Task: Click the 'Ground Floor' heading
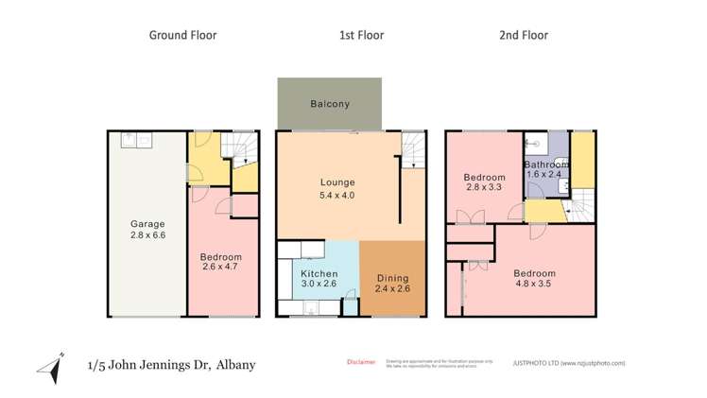click(182, 35)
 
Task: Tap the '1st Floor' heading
click(361, 35)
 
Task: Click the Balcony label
click(330, 104)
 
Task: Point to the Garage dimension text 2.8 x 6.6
click(147, 236)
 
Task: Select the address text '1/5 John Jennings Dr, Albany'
click(171, 364)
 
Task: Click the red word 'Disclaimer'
click(360, 361)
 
